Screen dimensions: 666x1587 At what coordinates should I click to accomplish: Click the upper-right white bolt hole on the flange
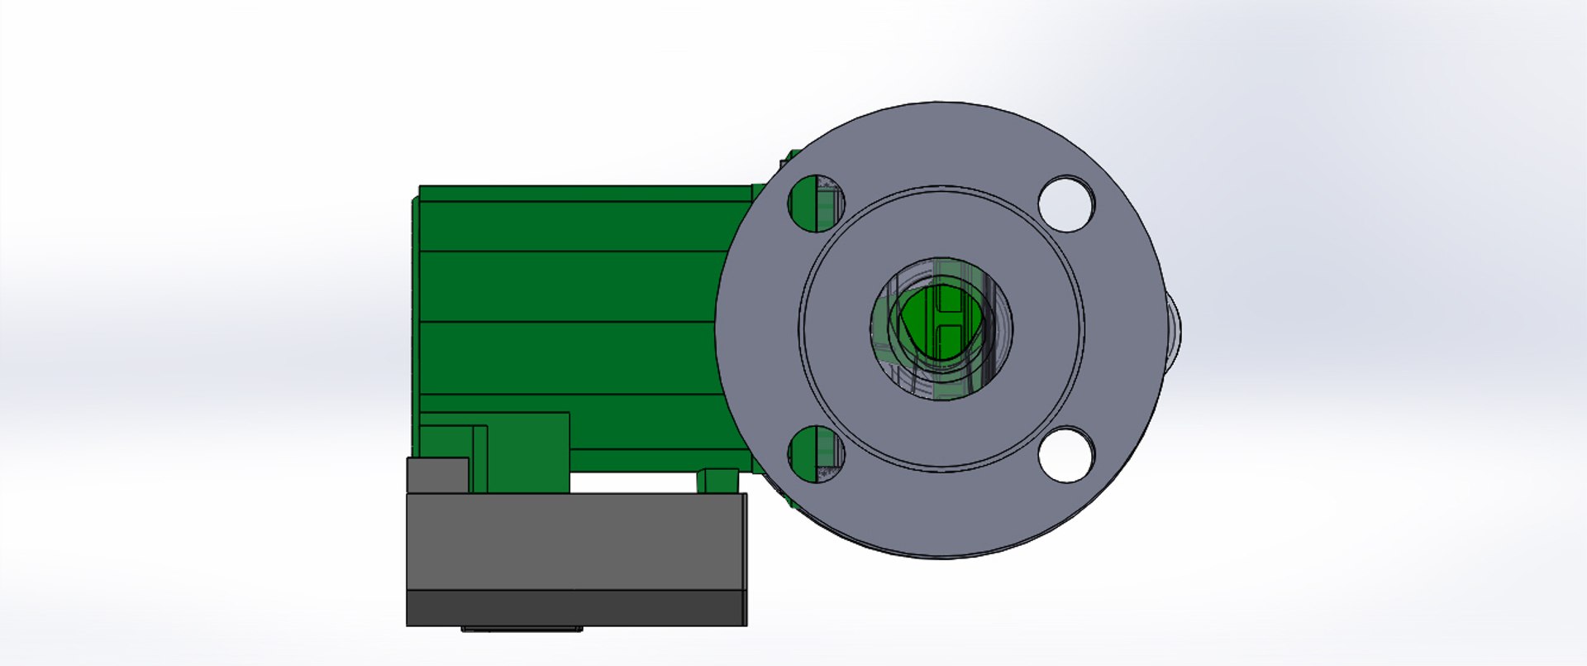[1066, 204]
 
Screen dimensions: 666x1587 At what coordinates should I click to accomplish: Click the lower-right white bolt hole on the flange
[1066, 454]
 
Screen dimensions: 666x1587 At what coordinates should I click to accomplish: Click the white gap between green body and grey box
[632, 482]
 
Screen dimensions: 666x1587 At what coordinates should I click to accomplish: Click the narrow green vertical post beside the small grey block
[479, 459]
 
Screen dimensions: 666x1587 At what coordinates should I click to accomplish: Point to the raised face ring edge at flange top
[941, 189]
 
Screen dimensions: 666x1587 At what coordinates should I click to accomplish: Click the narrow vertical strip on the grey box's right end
[745, 558]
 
